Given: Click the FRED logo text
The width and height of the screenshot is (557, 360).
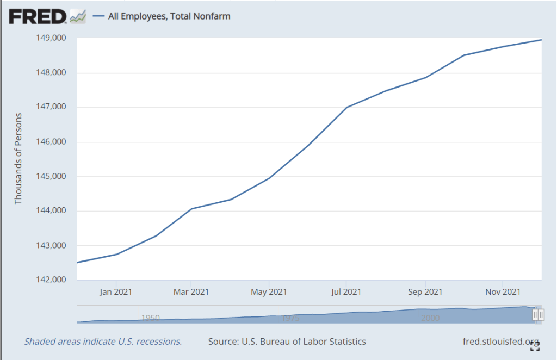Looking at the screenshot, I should (38, 16).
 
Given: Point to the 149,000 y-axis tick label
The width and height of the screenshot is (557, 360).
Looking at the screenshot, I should (51, 38).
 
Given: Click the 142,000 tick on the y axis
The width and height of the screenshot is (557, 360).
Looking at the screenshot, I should (51, 280).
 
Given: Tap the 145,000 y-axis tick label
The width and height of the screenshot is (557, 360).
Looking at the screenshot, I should (51, 177).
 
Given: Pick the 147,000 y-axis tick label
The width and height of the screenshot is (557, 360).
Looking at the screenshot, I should (51, 108).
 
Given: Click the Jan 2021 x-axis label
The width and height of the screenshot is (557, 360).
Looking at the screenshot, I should (116, 292).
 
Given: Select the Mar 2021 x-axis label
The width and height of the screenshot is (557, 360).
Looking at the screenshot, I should (191, 292).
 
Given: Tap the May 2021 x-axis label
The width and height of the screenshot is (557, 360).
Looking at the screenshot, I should (269, 292).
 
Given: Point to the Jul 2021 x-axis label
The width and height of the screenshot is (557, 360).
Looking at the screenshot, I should (346, 292).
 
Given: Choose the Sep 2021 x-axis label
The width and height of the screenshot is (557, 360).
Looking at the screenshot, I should (425, 292).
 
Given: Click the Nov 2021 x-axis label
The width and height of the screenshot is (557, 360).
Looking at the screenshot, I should (503, 292).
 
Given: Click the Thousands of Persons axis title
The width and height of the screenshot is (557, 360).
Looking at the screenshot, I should (18, 158).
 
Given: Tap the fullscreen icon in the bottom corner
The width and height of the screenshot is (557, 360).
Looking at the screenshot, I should (535, 346).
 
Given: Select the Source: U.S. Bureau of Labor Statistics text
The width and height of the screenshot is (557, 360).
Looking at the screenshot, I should (287, 342).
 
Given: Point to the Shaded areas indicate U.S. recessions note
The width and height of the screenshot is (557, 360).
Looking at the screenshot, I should (103, 342).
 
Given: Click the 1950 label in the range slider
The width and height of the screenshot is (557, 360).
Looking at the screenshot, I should (150, 318).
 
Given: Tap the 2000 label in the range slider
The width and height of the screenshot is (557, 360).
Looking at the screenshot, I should (430, 318).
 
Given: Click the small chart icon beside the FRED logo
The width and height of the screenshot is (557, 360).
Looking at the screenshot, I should (78, 16).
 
